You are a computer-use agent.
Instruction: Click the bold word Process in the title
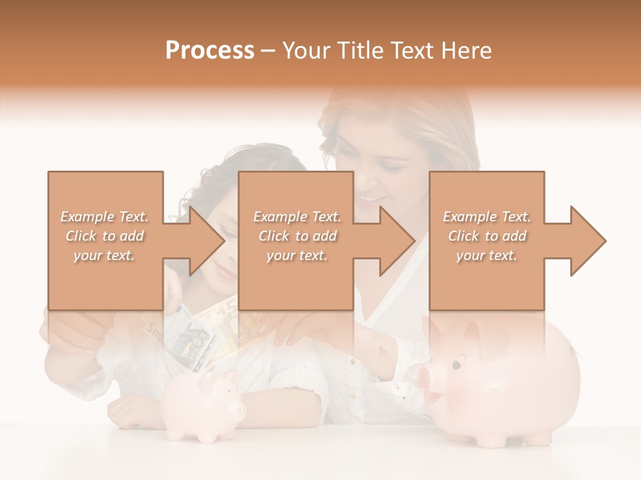point(210,51)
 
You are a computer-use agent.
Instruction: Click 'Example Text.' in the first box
point(105,217)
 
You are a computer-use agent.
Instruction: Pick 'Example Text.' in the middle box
point(297,217)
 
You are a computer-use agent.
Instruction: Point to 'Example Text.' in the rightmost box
point(487,217)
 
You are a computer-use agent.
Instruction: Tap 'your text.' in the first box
point(105,255)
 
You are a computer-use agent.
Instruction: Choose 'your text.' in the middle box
point(297,255)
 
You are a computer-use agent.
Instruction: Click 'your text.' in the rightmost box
point(487,255)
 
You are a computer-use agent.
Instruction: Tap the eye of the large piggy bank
point(457,364)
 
